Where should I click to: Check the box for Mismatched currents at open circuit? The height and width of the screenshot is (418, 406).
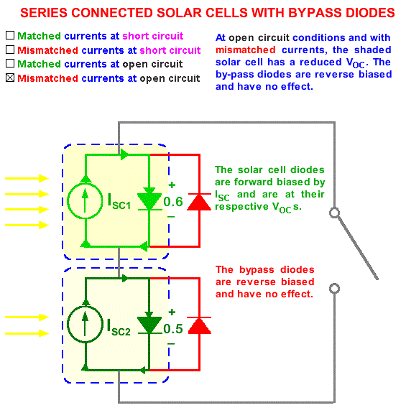tap(10, 78)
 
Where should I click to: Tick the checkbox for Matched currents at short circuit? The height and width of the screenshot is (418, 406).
tap(10, 35)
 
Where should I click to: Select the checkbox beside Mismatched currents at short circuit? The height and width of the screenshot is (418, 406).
tap(10, 50)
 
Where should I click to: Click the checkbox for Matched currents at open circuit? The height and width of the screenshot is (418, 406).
tap(10, 63)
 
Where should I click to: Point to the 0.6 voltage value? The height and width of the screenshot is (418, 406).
tap(173, 202)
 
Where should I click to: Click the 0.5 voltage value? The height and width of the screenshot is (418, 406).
tap(173, 329)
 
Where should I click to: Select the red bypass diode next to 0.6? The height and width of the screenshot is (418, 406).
tap(199, 202)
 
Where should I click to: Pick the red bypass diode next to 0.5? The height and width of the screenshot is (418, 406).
tap(199, 326)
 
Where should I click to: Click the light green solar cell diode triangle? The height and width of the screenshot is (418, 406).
tap(149, 201)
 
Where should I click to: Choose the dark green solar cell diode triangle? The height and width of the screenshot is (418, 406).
tap(149, 325)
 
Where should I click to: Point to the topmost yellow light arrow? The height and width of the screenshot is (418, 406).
tap(27, 178)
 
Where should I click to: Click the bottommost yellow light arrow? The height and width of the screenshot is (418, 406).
tap(27, 333)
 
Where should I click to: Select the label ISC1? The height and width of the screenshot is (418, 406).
tap(119, 201)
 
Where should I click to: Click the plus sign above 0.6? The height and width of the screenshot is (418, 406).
tap(172, 185)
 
